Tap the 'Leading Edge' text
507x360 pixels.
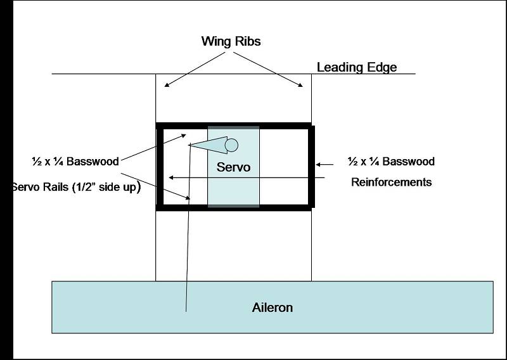pyautogui.click(x=357, y=67)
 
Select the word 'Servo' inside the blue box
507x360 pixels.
pyautogui.click(x=233, y=167)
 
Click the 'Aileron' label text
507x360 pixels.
pyautogui.click(x=271, y=308)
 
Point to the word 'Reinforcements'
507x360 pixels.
pyautogui.click(x=392, y=183)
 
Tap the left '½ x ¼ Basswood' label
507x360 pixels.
pyautogui.click(x=75, y=162)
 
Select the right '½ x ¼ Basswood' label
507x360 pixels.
pyautogui.click(x=391, y=162)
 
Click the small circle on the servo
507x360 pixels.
pyautogui.click(x=231, y=145)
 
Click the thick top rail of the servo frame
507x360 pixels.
pyautogui.click(x=234, y=125)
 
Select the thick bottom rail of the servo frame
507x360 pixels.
pyautogui.click(x=234, y=207)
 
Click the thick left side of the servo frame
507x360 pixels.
pyautogui.click(x=159, y=166)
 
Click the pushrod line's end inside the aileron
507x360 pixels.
pyautogui.click(x=186, y=310)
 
